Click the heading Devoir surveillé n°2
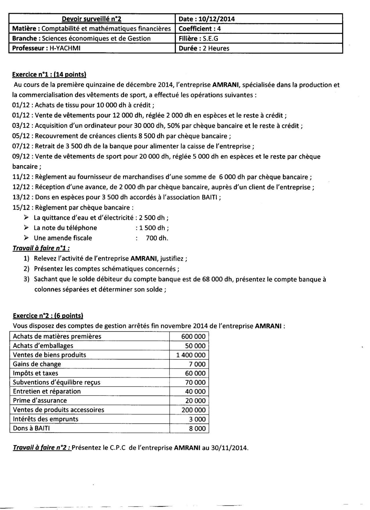point(92,19)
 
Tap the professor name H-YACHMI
point(64,48)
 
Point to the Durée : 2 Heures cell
point(204,48)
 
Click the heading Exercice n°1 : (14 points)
point(49,75)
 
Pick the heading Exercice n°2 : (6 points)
point(48,316)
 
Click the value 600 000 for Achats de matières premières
point(193,336)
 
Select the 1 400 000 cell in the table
point(191,355)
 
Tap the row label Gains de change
point(37,364)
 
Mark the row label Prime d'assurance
point(40,401)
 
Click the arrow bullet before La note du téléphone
point(26,228)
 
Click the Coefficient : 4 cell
point(200,29)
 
